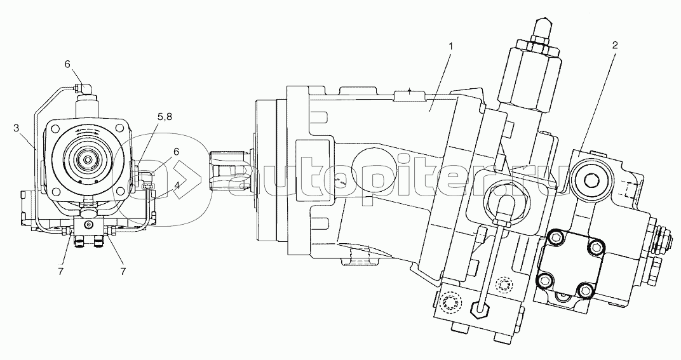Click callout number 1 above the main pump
(451, 46)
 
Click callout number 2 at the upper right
(615, 46)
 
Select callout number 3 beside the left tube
(17, 128)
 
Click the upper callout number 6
(67, 64)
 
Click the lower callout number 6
(177, 152)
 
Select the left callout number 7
(61, 272)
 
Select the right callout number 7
(123, 272)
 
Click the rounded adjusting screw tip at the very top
(543, 27)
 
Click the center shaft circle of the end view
(88, 160)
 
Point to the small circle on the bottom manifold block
(90, 225)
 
